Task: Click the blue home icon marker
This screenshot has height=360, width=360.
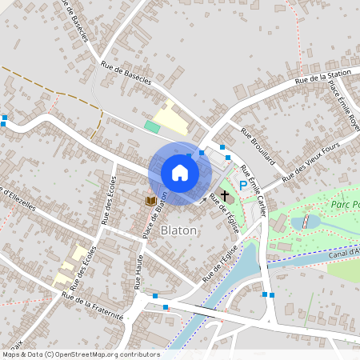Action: (180, 172)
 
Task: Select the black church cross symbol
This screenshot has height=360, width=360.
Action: (225, 194)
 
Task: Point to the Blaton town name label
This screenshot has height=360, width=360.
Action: (179, 230)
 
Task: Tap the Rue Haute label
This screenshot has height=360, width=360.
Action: (138, 275)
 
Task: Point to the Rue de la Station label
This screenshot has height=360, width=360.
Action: (323, 77)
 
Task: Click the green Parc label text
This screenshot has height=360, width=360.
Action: (345, 205)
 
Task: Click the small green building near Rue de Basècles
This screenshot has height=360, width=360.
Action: (152, 126)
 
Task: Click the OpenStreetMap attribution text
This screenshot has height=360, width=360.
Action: (80, 354)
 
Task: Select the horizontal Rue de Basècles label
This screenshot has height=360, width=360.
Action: (126, 73)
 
